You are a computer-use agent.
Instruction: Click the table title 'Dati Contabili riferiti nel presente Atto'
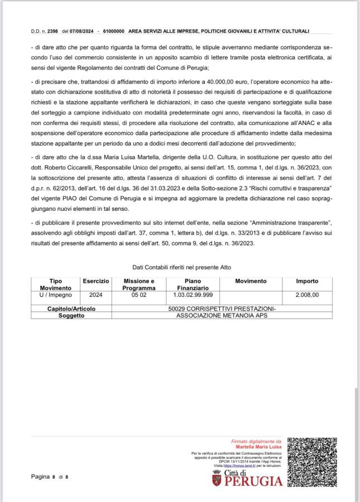pos(181,268)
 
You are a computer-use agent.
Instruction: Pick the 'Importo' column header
pos(307,282)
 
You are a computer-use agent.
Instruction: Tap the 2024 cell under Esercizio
pos(95,295)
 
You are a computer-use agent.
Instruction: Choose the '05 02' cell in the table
pos(139,295)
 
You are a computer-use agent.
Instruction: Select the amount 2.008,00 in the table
pos(308,295)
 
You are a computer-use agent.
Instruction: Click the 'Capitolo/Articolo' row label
pos(71,308)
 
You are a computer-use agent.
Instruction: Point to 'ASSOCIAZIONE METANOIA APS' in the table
pos(222,315)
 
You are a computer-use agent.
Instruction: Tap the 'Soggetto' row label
pos(71,315)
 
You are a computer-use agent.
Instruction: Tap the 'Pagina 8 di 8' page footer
pos(50,477)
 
